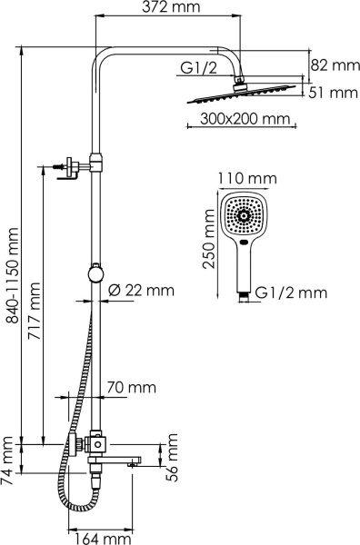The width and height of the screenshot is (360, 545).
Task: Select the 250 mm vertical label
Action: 207,243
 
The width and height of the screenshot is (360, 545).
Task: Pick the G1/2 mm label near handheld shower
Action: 290,293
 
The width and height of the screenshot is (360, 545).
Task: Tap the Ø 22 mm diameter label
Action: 140,291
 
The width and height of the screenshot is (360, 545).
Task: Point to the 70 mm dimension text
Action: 126,388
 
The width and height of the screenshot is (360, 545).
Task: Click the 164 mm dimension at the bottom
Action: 99,536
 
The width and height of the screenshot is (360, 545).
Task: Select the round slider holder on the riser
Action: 95,272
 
